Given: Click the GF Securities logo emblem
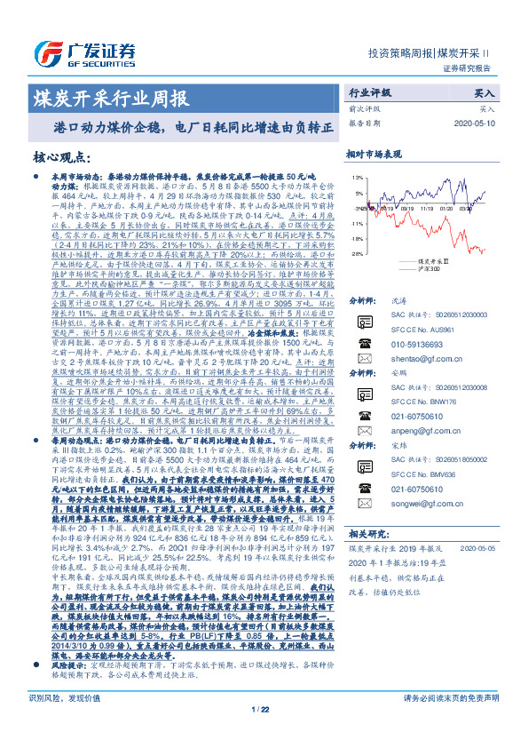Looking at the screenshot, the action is click(45, 52).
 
